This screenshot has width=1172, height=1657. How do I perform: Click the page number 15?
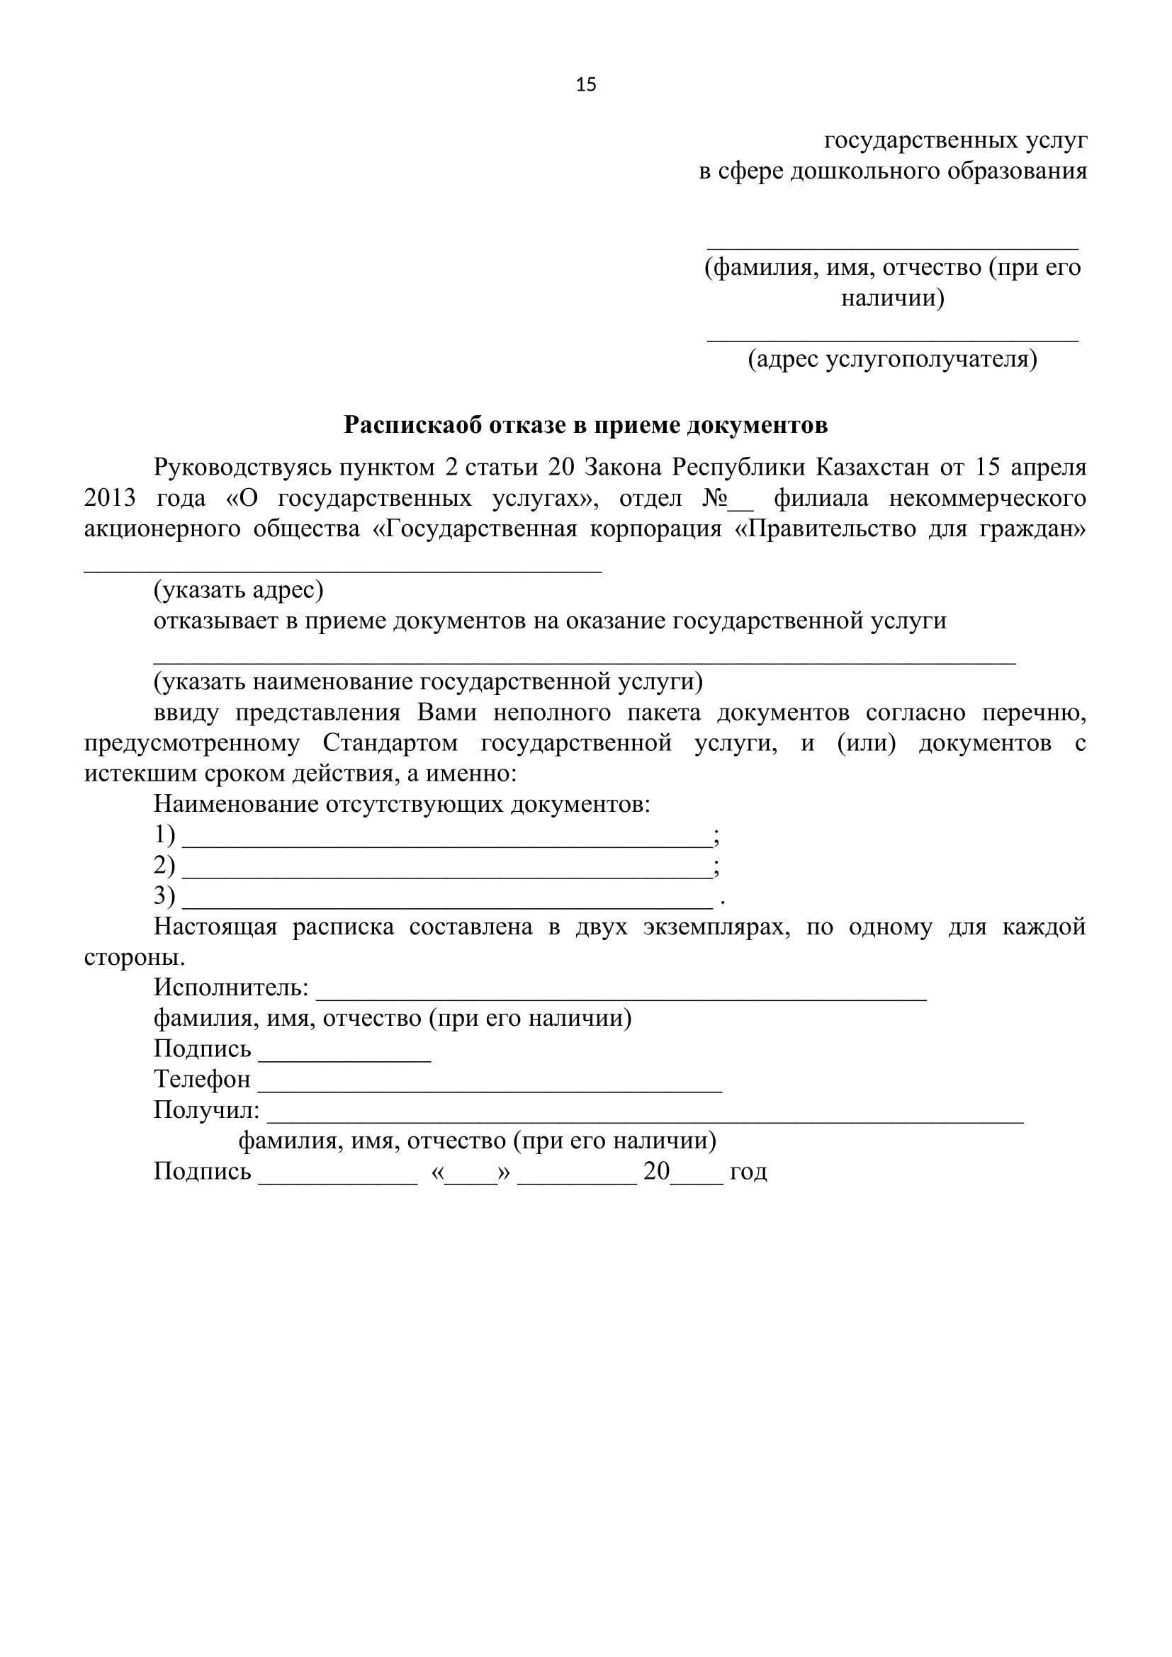(586, 85)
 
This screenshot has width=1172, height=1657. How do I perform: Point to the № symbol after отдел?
(713, 499)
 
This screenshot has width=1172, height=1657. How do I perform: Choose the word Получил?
(206, 1110)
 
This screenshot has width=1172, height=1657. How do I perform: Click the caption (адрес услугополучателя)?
(892, 358)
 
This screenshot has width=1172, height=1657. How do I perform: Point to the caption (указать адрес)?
(238, 590)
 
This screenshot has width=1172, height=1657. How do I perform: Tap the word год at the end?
(748, 1171)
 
